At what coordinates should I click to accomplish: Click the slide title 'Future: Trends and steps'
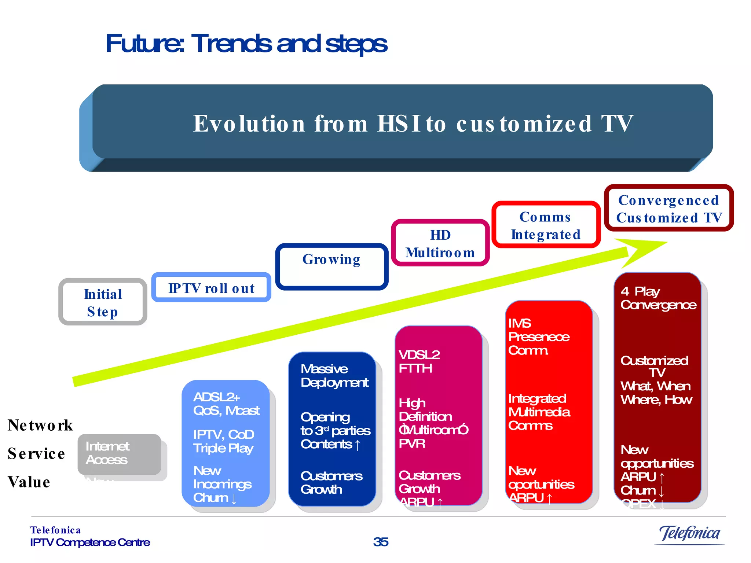pyautogui.click(x=246, y=44)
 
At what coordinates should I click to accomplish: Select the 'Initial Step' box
pyautogui.click(x=103, y=302)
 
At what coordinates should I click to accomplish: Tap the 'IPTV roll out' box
pyautogui.click(x=211, y=288)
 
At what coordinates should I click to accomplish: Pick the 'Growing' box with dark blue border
pyautogui.click(x=331, y=267)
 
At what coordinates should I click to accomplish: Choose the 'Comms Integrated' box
pyautogui.click(x=546, y=225)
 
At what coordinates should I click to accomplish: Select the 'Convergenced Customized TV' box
pyautogui.click(x=669, y=209)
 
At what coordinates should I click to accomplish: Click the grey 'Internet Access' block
pyautogui.click(x=119, y=454)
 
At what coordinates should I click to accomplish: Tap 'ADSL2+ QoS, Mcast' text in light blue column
pyautogui.click(x=226, y=404)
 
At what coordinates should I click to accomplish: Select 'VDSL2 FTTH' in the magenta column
pyautogui.click(x=419, y=361)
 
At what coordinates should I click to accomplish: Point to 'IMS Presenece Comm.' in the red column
pyautogui.click(x=538, y=336)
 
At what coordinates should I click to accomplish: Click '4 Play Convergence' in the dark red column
pyautogui.click(x=658, y=298)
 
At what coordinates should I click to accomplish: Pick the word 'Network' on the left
pyautogui.click(x=40, y=425)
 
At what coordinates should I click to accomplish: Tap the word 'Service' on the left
pyautogui.click(x=36, y=454)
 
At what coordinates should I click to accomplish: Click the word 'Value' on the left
pyautogui.click(x=29, y=482)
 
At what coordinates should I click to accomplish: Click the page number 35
pyautogui.click(x=381, y=542)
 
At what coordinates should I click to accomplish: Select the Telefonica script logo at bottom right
pyautogui.click(x=689, y=534)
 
